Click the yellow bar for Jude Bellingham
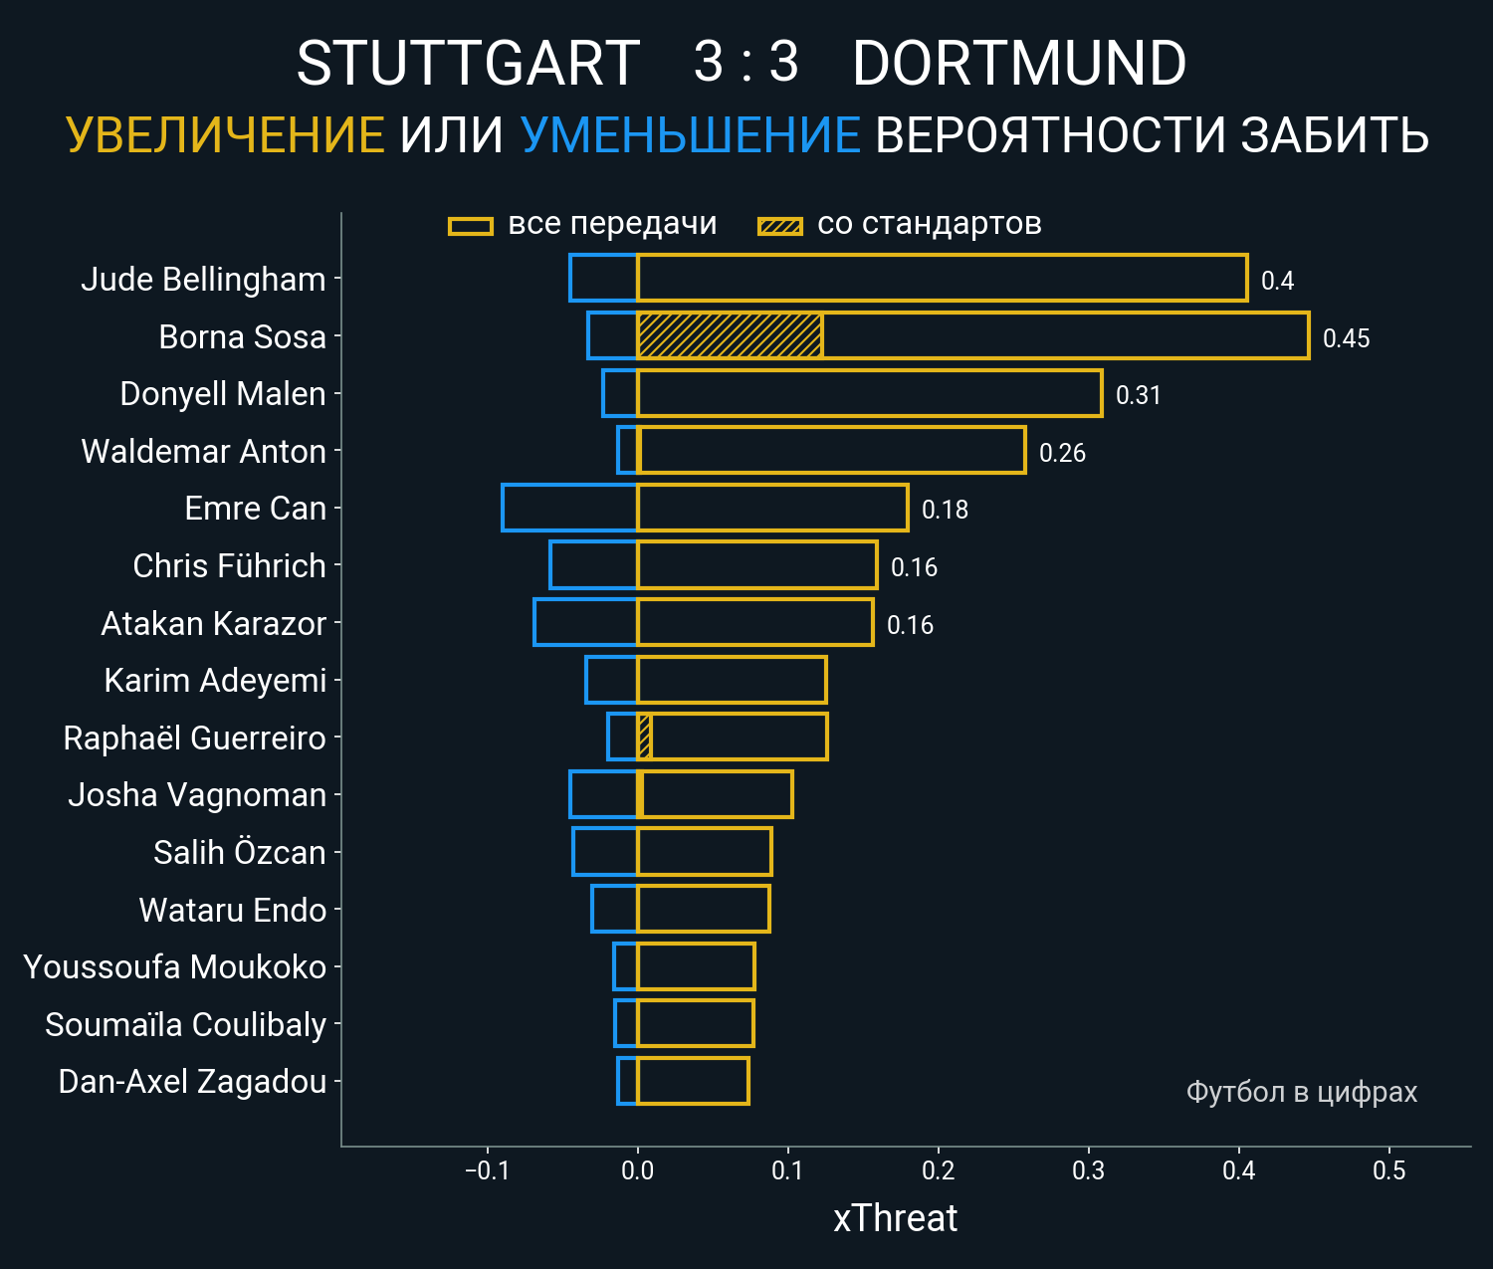point(941,278)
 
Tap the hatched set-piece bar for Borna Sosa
point(730,335)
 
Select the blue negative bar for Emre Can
point(569,508)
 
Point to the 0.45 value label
point(1346,338)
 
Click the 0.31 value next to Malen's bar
point(1138,395)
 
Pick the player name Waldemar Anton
point(203,452)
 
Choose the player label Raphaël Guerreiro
point(194,739)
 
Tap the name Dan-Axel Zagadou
point(192,1082)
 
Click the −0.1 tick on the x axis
point(487,1170)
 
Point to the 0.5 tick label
point(1388,1170)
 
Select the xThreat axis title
point(895,1218)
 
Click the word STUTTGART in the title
point(468,64)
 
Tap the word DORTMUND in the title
point(1019,64)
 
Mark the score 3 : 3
point(746,62)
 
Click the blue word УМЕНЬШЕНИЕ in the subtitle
point(690,135)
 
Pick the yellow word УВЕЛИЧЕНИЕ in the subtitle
point(225,135)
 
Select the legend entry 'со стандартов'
point(929,224)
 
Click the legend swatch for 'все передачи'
point(471,226)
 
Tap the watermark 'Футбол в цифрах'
point(1301,1092)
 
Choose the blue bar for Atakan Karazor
point(585,622)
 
